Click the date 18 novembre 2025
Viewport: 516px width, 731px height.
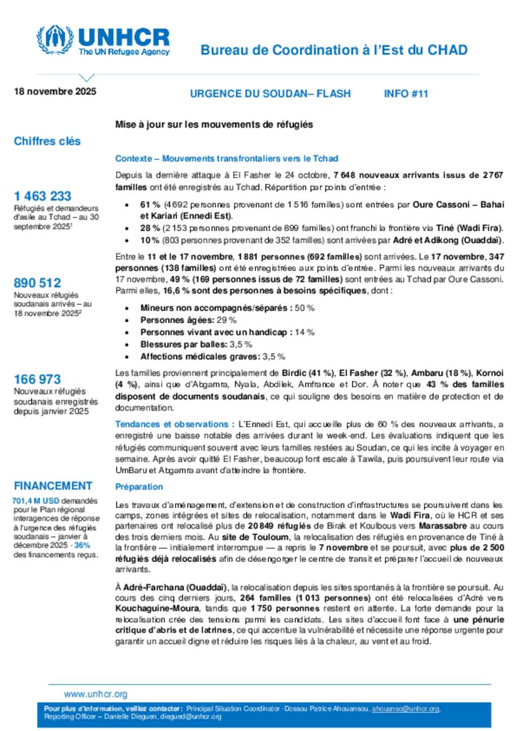point(55,91)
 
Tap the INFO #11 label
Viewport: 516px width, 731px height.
point(406,94)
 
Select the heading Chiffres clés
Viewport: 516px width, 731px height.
point(47,141)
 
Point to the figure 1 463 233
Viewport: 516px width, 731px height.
point(43,196)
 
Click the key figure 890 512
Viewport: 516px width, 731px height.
point(38,283)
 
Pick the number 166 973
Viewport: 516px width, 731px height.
point(38,379)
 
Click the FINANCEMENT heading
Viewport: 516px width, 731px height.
point(53,486)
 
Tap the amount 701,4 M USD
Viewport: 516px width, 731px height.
point(36,501)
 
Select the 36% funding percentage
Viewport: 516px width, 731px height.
point(82,545)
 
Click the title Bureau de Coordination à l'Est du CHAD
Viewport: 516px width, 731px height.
point(334,50)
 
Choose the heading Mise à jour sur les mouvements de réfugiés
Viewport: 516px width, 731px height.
point(214,125)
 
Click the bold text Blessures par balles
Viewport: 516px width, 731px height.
point(183,344)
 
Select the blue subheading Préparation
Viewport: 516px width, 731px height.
point(139,487)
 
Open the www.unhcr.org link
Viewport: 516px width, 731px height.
point(96,694)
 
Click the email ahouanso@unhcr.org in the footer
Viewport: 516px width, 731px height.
point(406,709)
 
